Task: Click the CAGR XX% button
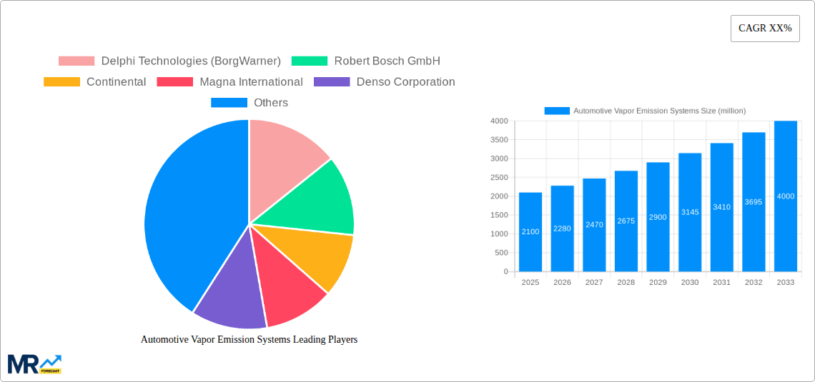pos(765,29)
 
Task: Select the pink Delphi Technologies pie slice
pos(282,154)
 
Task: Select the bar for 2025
pos(530,232)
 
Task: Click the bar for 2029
pos(658,217)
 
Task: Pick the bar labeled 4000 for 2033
pos(785,196)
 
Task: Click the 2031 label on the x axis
pos(721,282)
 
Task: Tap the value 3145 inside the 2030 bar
pos(690,212)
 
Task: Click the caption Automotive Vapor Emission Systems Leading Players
pos(249,339)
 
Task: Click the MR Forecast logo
pos(34,364)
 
